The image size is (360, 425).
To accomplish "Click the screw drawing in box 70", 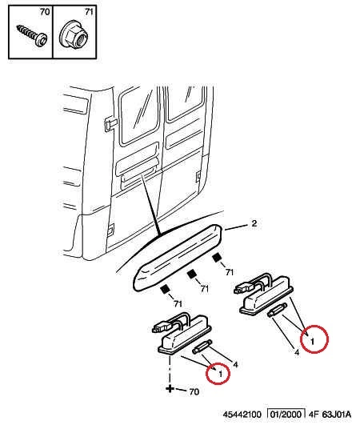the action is click(32, 36).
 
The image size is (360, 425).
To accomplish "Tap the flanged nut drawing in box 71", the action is click(74, 36).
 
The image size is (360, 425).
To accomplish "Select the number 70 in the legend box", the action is click(45, 12).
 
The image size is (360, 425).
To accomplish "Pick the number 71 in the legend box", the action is click(89, 12).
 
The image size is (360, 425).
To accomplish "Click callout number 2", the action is click(254, 223).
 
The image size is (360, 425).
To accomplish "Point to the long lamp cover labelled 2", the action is click(178, 258).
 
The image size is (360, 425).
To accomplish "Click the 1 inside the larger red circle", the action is click(312, 341).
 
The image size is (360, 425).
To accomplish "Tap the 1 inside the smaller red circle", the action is click(220, 374).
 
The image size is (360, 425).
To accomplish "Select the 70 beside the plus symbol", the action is click(194, 391).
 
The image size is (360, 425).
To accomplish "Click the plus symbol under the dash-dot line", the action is click(170, 389).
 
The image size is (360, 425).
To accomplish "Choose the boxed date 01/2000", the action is click(286, 414).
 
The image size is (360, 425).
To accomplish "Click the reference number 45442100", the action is click(242, 415).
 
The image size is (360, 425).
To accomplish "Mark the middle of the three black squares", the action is click(191, 275).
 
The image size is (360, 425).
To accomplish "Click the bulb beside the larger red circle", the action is click(277, 310).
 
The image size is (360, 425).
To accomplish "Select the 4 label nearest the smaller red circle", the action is click(235, 364).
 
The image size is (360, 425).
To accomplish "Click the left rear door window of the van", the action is click(138, 117).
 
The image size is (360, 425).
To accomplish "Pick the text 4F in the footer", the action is click(314, 415).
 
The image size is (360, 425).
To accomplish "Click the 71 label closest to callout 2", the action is click(230, 272).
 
